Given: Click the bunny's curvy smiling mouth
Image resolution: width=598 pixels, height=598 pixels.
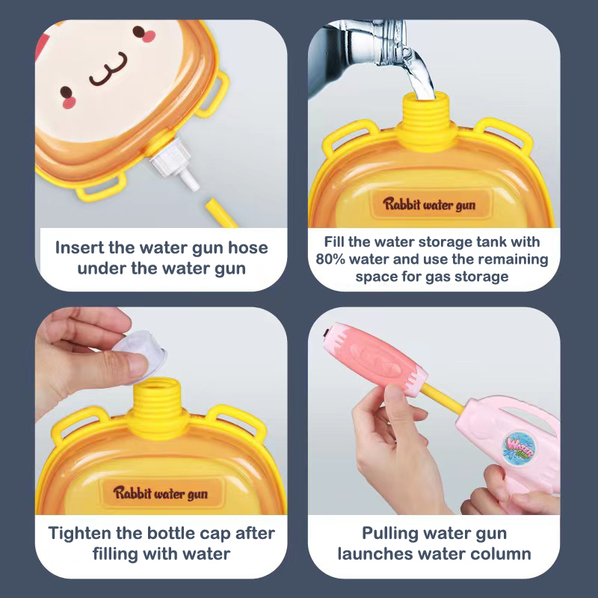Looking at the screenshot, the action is pos(109,70).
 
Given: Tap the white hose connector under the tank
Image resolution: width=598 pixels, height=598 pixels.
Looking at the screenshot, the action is pos(174,163).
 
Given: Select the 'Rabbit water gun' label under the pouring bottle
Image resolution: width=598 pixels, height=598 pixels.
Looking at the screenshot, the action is pos(429,204).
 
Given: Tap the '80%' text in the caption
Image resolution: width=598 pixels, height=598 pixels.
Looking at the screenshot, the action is pos(330,259).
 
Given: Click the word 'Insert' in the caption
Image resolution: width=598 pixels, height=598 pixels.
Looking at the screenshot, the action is pos(79,247).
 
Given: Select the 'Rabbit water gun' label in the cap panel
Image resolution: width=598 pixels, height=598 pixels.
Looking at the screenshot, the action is pos(160,493).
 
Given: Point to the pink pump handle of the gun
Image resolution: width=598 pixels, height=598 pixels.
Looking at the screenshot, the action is pos(374,360).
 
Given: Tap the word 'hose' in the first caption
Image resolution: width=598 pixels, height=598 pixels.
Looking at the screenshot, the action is pos(248,247).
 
